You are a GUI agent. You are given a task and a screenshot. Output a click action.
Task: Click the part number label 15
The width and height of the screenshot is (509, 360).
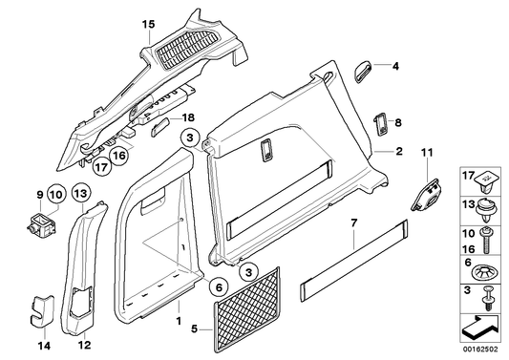147,23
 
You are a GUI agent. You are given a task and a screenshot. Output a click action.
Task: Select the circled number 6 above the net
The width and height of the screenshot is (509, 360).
219,286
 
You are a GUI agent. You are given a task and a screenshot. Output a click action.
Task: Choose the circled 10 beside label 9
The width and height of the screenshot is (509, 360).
56,196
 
